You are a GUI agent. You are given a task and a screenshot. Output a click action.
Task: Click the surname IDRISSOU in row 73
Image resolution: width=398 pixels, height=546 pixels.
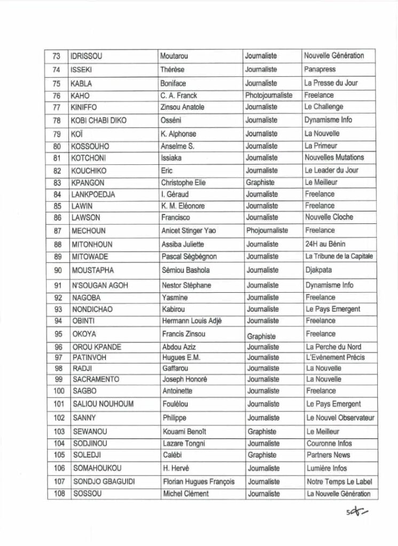click(x=90, y=56)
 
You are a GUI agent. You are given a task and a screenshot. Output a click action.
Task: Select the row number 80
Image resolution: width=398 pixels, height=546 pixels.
click(x=57, y=146)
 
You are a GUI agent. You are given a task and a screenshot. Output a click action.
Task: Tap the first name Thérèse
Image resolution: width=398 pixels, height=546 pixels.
click(x=173, y=69)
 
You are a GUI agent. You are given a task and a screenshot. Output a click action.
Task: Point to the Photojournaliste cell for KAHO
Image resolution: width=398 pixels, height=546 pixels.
click(x=269, y=95)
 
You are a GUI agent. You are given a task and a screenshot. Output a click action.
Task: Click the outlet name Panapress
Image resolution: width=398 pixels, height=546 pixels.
click(x=321, y=69)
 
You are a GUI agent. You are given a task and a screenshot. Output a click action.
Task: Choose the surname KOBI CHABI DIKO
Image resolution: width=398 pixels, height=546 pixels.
click(x=99, y=121)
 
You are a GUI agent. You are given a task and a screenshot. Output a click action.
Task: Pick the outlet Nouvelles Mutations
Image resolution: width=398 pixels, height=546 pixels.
click(x=334, y=157)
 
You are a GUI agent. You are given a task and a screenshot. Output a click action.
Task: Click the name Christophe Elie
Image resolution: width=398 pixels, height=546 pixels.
click(x=183, y=182)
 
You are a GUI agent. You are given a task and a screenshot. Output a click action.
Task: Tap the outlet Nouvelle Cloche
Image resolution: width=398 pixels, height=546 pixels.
click(x=329, y=217)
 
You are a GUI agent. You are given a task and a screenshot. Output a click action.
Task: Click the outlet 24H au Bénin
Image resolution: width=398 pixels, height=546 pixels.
click(x=325, y=244)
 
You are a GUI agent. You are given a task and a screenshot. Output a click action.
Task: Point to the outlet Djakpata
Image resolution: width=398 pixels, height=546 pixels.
click(x=318, y=270)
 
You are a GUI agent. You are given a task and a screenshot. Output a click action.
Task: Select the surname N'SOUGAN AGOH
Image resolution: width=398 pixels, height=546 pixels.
click(x=100, y=285)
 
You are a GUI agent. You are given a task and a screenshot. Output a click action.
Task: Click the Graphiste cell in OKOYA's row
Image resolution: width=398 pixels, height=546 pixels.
click(x=262, y=336)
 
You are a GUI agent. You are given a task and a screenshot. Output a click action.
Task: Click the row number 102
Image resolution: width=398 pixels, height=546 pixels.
click(x=59, y=418)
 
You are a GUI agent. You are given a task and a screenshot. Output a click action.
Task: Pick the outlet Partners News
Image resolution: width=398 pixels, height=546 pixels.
click(x=329, y=455)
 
